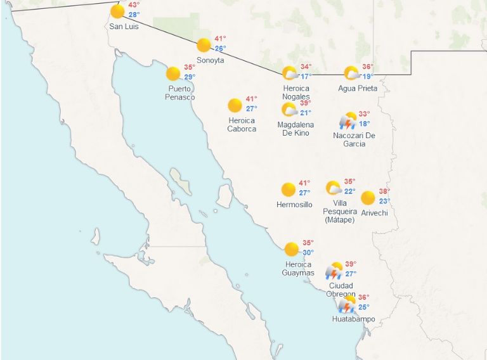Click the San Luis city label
coord(124,27)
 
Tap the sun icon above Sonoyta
coord(204,45)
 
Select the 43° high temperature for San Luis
coord(134,5)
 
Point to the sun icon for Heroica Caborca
coord(235,105)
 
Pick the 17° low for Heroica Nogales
coord(306,77)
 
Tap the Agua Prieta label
coord(358,88)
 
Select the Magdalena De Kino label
coord(295,129)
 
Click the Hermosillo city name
coord(294,205)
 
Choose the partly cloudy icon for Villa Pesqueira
coord(334,188)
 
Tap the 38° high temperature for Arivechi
coord(384,191)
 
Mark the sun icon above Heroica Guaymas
coord(292,248)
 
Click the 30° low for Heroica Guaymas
coord(308,253)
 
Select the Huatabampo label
coord(353,319)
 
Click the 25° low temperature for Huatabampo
coord(364,307)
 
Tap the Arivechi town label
coord(374,213)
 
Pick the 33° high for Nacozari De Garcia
coord(364,115)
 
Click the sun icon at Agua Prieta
coord(351,73)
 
